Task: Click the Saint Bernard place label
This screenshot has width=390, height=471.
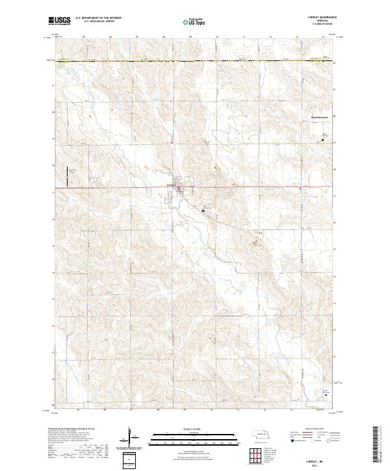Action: [x=317, y=117]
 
